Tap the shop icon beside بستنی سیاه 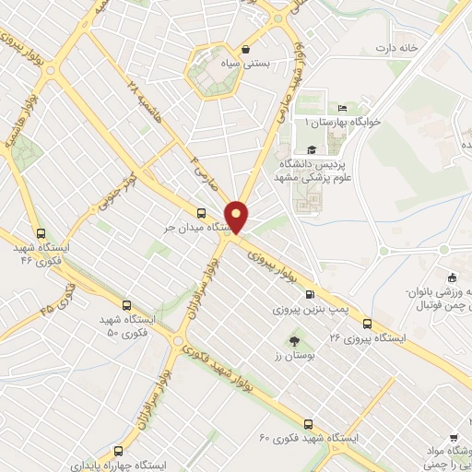pyautogui.click(x=245, y=51)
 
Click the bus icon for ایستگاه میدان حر pyautogui.click(x=202, y=212)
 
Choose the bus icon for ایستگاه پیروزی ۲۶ pyautogui.click(x=367, y=323)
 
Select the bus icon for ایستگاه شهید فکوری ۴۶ pyautogui.click(x=39, y=234)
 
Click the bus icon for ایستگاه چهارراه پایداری pyautogui.click(x=117, y=451)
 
